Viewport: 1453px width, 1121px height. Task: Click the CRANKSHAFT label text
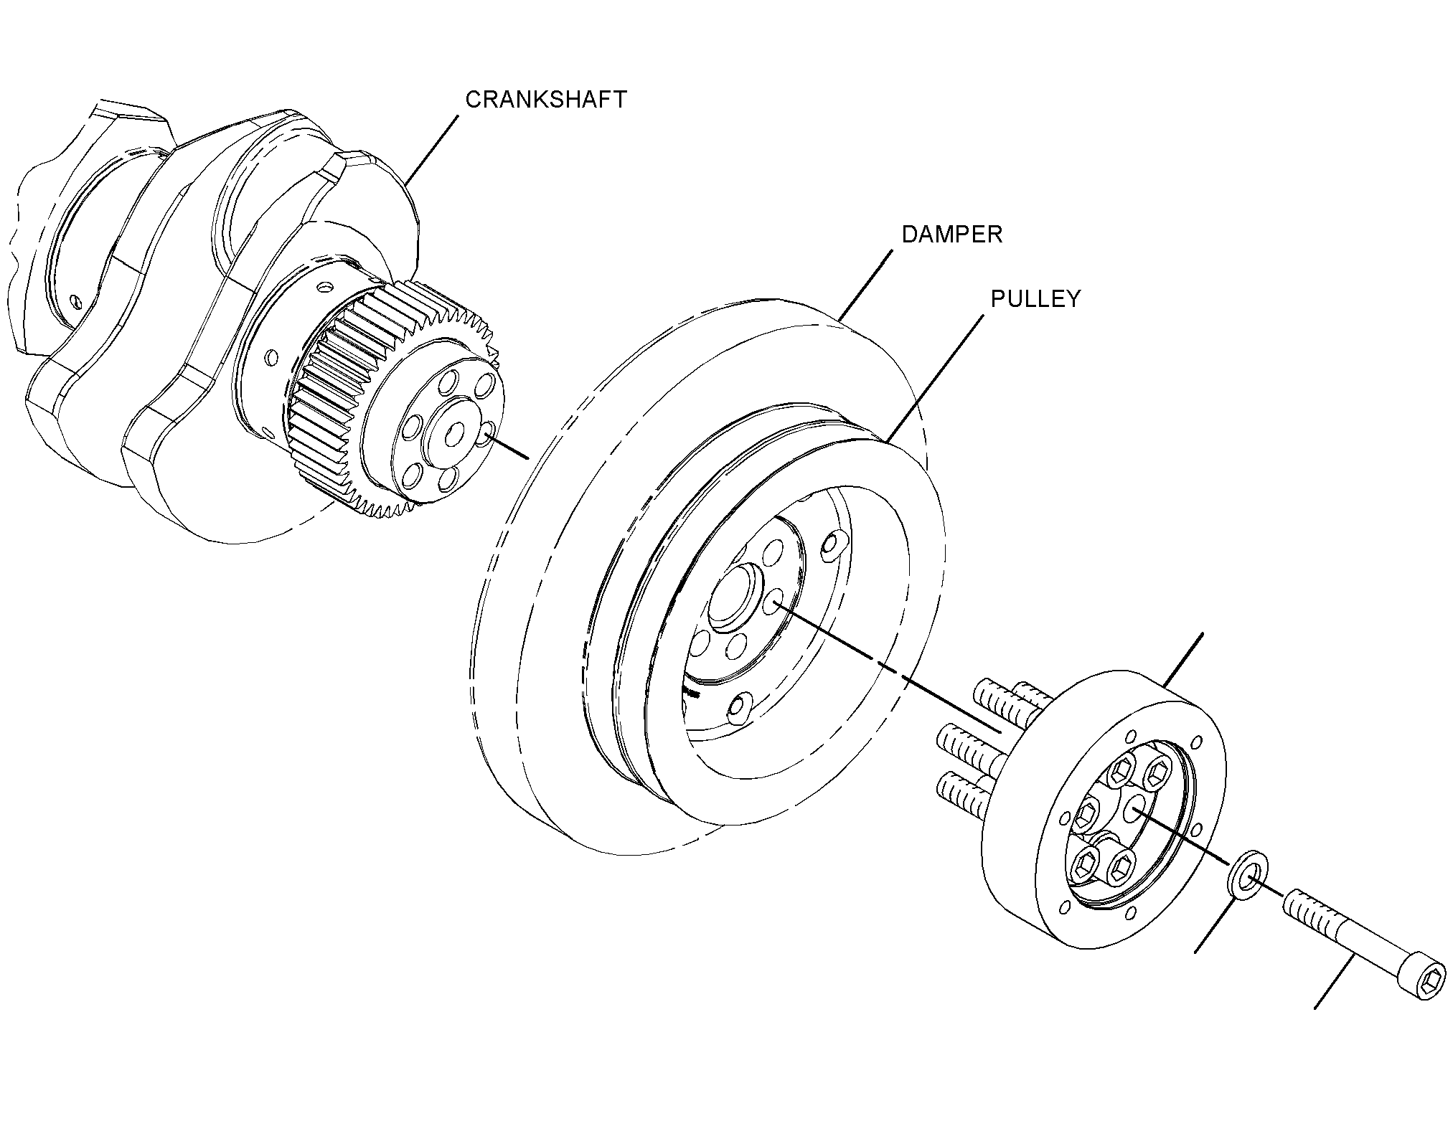(x=546, y=100)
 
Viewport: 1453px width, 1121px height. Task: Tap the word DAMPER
(x=951, y=235)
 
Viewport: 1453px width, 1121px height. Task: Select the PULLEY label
(x=1035, y=299)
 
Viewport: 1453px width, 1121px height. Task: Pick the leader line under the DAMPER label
(x=865, y=284)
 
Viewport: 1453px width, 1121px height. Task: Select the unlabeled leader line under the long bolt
(x=1335, y=982)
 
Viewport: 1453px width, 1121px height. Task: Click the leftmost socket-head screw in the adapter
(x=1084, y=814)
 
